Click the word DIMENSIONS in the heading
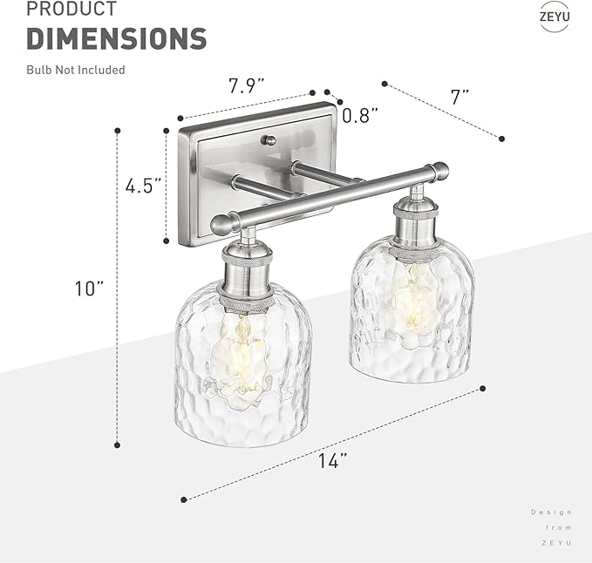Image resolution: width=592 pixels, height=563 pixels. tap(116, 38)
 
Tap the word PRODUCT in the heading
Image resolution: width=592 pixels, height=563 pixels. tap(71, 10)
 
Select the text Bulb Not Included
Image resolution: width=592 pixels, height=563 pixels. tap(75, 70)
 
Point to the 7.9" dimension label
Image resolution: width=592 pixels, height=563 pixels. tap(247, 86)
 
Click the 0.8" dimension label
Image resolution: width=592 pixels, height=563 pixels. tap(359, 114)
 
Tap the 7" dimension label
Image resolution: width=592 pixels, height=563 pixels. tap(460, 96)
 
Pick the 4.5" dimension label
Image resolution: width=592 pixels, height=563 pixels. tap(143, 186)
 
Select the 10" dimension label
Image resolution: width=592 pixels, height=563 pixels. tap(89, 288)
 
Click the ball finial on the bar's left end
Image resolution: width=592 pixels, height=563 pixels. tap(221, 225)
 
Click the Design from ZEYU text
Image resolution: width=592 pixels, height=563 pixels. tap(552, 527)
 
